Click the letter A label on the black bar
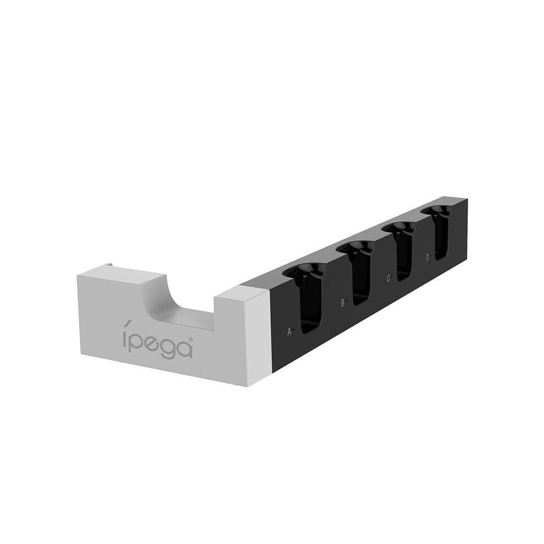click(x=290, y=332)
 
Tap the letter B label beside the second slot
click(x=342, y=303)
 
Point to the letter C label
click(x=388, y=278)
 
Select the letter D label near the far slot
click(x=428, y=257)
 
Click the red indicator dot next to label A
click(x=293, y=330)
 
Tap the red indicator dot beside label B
click(x=346, y=302)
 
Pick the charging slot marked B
click(x=358, y=274)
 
